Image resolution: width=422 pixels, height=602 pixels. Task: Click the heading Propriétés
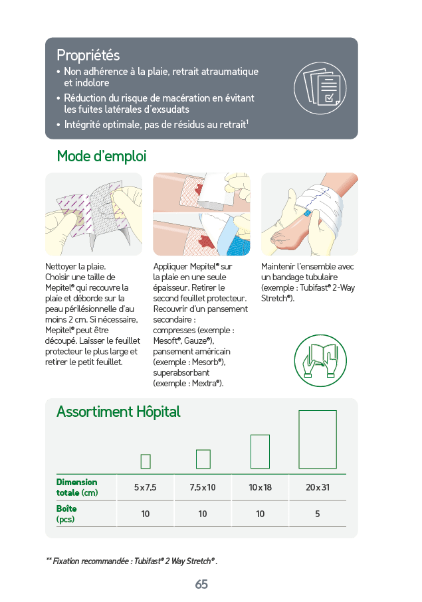88,55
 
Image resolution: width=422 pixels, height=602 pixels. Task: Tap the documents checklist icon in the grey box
320,88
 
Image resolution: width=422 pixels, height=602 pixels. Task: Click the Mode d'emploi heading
102,156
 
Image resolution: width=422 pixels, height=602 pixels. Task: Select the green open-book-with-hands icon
320,360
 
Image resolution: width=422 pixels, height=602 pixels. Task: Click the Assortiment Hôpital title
118,412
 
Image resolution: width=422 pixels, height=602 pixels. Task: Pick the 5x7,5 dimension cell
146,487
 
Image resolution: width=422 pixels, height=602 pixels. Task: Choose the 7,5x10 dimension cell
203,487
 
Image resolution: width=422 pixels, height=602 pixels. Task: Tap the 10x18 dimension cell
261,487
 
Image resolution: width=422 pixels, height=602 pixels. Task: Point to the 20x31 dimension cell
318,487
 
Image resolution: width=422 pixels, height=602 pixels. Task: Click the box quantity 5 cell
318,514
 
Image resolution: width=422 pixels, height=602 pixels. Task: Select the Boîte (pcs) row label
66,514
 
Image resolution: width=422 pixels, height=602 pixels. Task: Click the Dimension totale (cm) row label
77,487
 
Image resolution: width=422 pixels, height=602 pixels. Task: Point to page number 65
201,584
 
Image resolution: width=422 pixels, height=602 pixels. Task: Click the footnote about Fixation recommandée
132,562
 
